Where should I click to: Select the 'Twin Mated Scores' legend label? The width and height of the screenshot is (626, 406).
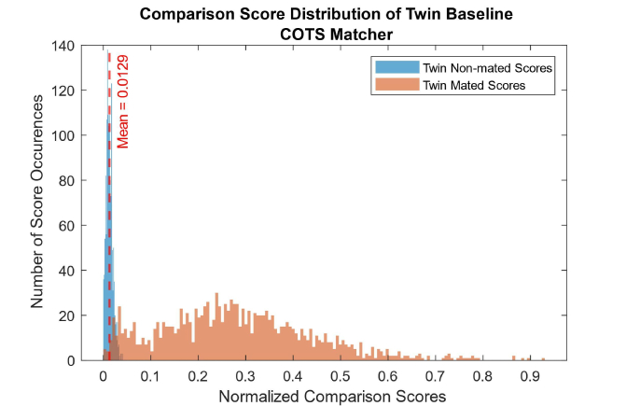[460, 85]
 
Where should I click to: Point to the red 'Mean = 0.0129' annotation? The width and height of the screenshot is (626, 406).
[122, 102]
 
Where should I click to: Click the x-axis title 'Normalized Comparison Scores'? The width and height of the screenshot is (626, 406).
[331, 396]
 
